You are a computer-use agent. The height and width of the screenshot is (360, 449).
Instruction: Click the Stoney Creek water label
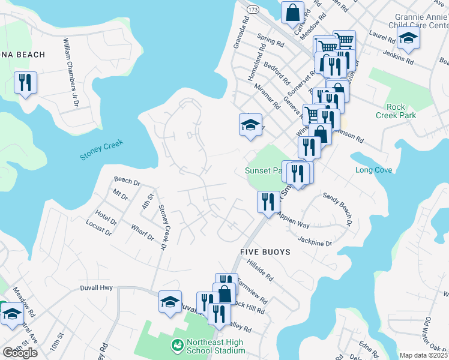101,150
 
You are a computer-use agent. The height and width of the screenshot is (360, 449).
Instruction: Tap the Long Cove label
373,170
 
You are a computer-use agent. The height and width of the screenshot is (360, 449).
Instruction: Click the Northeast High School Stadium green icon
177,345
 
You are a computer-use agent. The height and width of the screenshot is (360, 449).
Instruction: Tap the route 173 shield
253,10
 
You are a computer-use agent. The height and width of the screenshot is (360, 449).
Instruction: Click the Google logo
20,352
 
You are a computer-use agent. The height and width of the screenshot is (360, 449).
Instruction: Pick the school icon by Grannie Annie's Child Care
409,38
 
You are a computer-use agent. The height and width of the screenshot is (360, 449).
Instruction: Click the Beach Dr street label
127,180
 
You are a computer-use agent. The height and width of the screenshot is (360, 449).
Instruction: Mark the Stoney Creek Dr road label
162,226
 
